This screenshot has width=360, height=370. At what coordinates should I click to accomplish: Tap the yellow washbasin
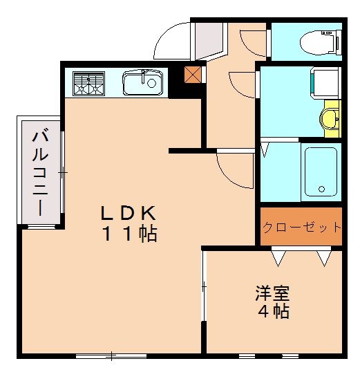[331, 117]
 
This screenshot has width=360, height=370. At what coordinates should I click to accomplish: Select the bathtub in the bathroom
[321, 172]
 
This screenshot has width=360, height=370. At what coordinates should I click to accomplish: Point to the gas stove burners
[88, 84]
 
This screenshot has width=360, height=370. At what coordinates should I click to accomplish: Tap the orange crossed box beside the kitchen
[193, 73]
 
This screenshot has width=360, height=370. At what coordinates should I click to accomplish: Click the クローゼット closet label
[301, 227]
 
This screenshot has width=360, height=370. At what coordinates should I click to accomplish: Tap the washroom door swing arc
[243, 84]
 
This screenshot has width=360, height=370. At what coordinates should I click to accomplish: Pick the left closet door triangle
[279, 259]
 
